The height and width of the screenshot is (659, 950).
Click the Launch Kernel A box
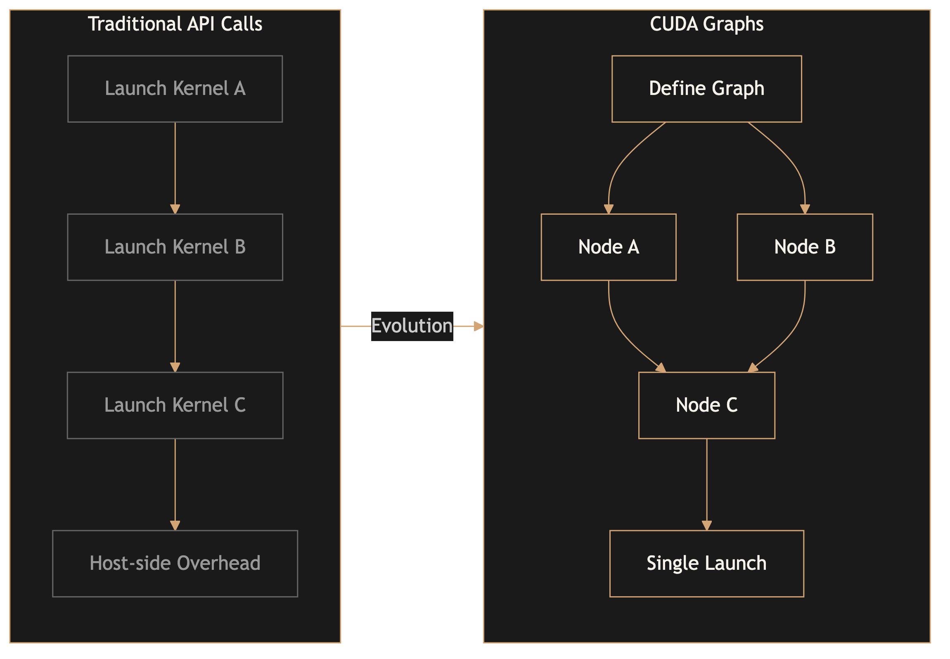pos(175,89)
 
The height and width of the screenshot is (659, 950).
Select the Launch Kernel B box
pos(175,247)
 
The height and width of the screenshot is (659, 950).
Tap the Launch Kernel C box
pos(175,405)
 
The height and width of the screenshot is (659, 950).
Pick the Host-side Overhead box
pos(175,563)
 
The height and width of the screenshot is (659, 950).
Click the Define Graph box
pos(706,89)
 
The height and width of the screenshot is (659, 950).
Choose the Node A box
pos(609,247)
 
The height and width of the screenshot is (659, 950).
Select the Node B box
pos(805,247)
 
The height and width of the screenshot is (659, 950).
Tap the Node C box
pos(706,405)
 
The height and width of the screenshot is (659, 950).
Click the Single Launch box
pos(706,563)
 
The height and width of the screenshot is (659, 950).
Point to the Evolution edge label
pos(412,326)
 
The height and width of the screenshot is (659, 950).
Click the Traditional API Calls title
pos(175,24)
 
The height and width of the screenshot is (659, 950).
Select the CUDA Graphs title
pos(706,24)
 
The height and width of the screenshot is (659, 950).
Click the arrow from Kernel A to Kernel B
pos(175,167)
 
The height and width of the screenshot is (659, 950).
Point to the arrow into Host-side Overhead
pos(175,484)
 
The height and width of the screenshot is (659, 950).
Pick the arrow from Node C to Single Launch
pos(707,484)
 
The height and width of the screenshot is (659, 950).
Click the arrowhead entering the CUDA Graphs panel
pos(479,326)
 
